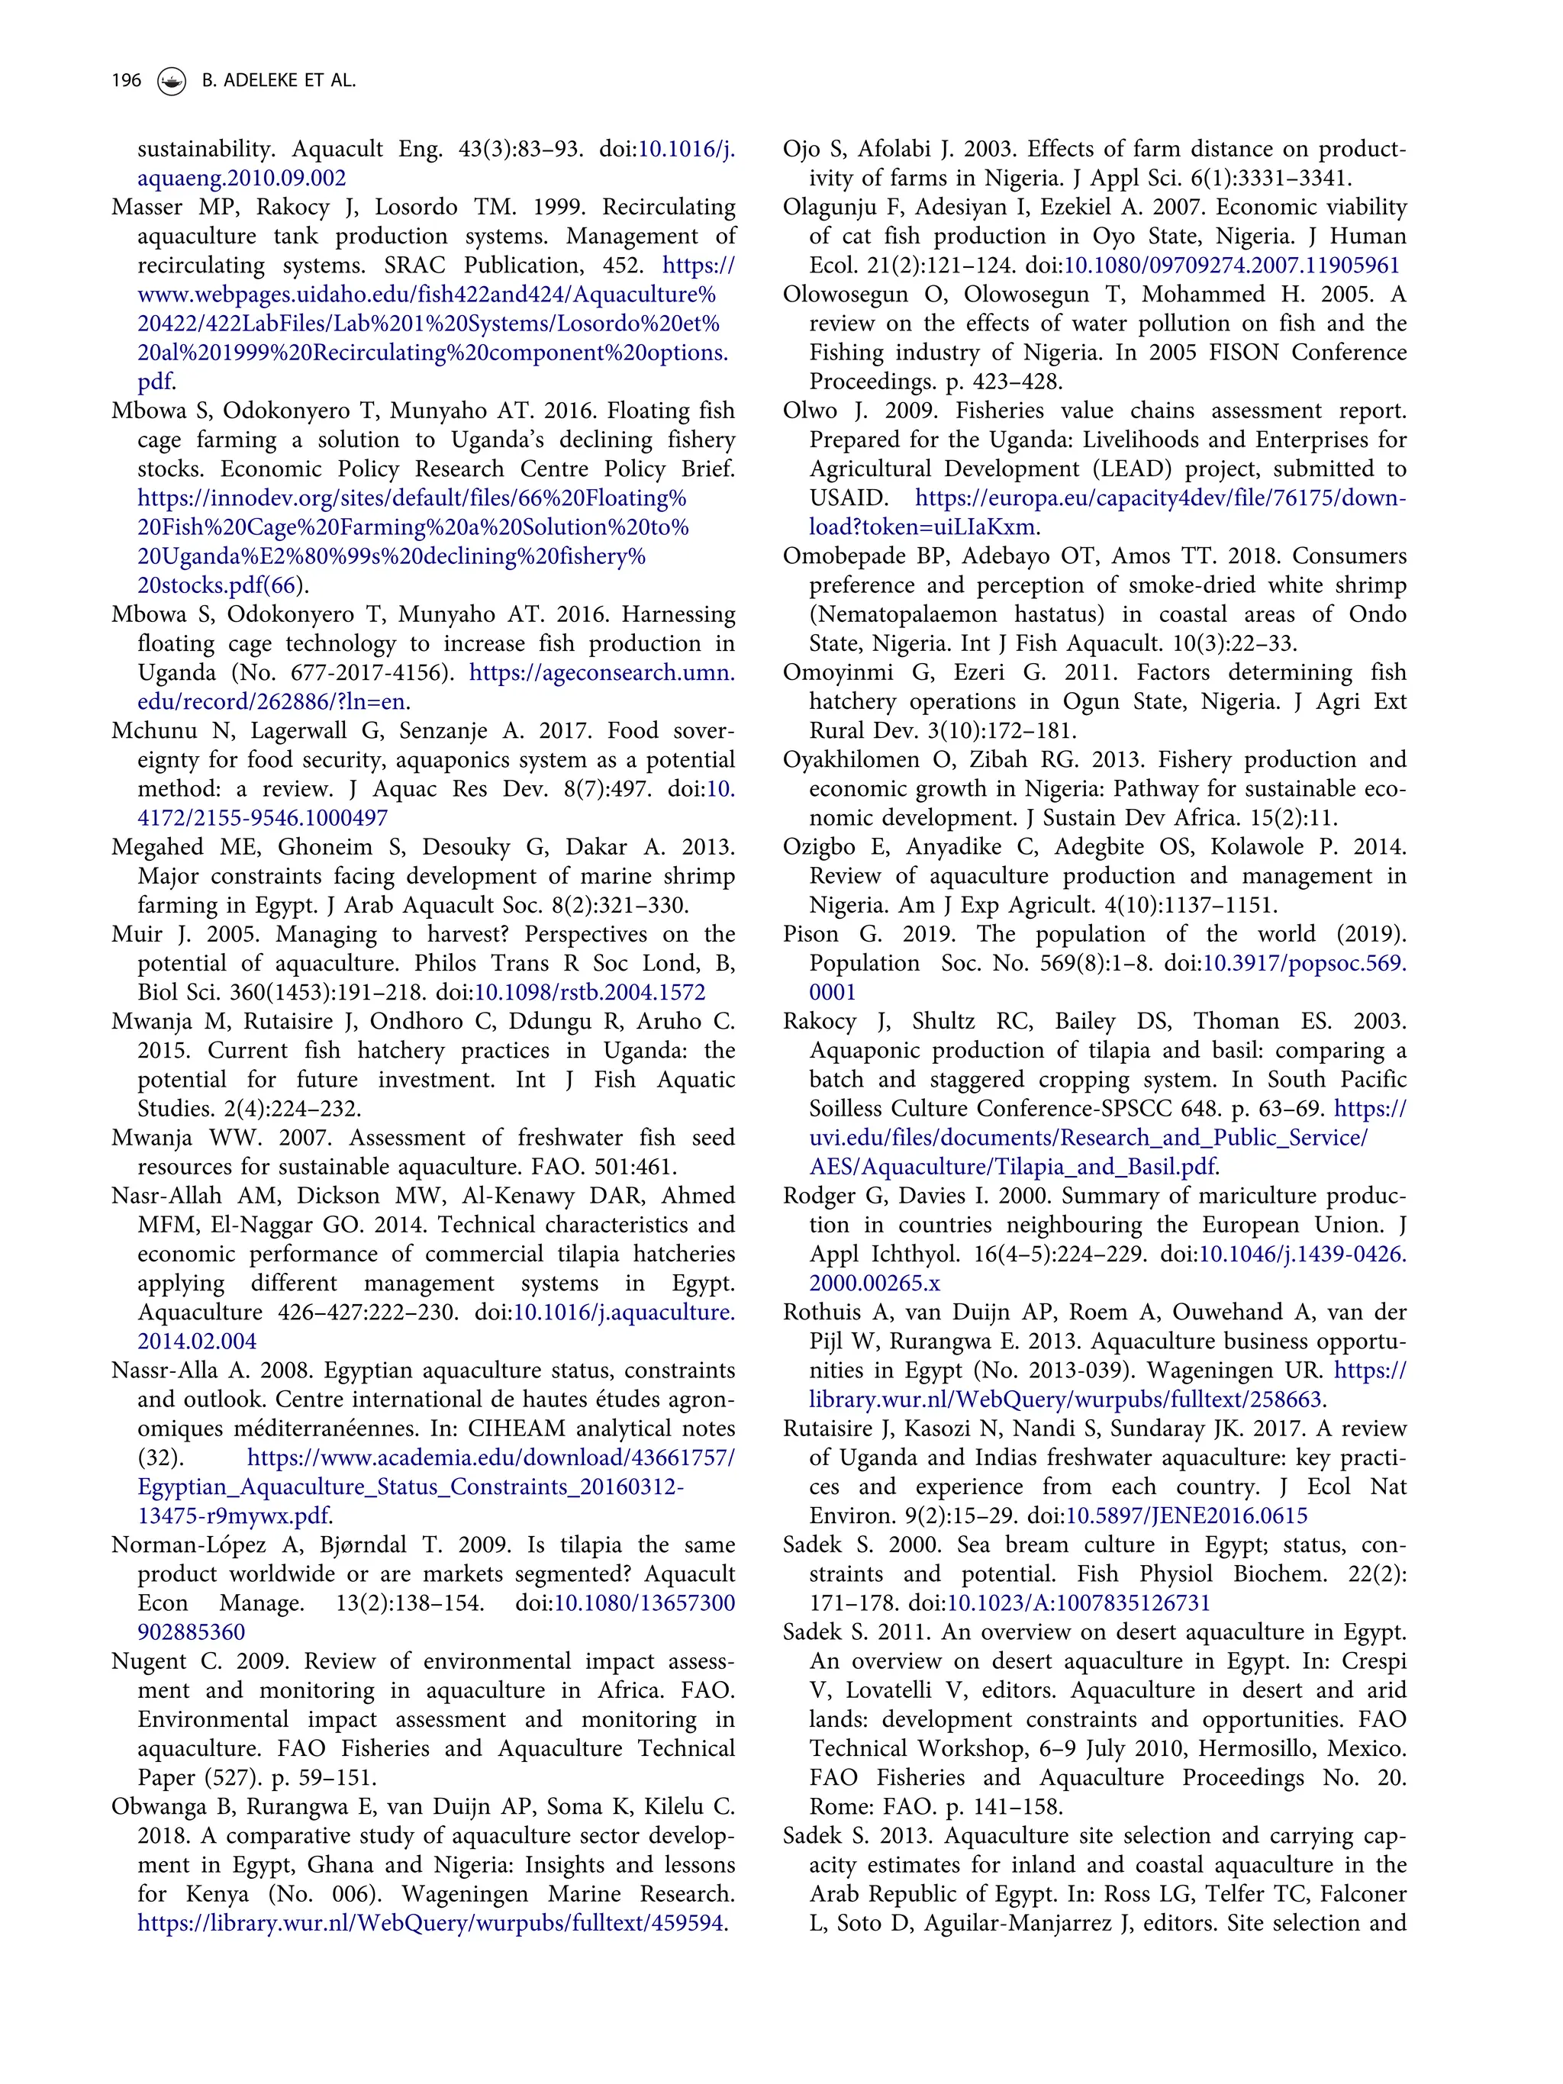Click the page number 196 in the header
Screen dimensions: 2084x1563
[x=126, y=81]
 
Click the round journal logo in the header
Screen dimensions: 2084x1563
[x=172, y=82]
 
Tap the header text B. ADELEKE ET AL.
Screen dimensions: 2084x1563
[x=279, y=81]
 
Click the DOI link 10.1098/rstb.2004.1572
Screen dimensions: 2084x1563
[x=590, y=992]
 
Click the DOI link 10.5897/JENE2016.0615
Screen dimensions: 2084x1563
[x=1186, y=1516]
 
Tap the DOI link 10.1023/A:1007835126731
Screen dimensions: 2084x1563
[x=1078, y=1603]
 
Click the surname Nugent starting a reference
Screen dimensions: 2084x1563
[x=149, y=1661]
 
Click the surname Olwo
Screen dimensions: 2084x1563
[x=809, y=411]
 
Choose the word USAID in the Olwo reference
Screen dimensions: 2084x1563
[x=847, y=498]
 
